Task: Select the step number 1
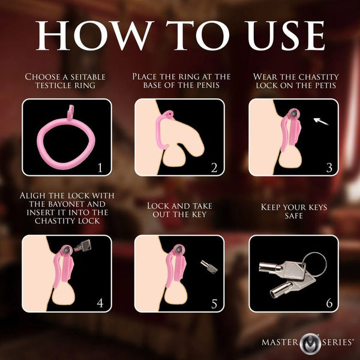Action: click(101, 167)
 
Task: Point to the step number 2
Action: click(214, 167)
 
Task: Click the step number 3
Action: click(328, 167)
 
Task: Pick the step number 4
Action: click(100, 303)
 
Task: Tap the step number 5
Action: click(214, 303)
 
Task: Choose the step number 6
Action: click(328, 303)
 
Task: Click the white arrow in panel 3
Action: click(322, 122)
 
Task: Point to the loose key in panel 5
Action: click(208, 266)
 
